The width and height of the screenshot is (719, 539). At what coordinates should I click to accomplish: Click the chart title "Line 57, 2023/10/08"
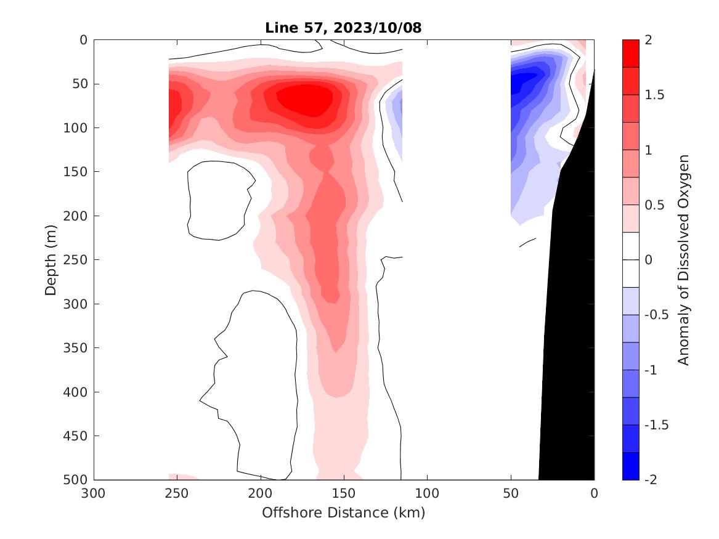click(343, 28)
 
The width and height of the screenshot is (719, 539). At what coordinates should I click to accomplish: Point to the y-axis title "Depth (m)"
click(52, 259)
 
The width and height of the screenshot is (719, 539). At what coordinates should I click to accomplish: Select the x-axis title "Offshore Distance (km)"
click(343, 513)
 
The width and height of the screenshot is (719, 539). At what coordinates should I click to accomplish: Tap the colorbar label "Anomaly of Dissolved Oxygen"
click(683, 259)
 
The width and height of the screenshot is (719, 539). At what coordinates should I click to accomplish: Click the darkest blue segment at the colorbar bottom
click(630, 466)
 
